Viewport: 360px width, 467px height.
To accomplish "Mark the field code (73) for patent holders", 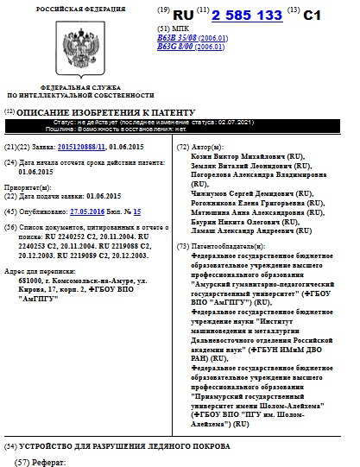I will pos(180,247).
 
